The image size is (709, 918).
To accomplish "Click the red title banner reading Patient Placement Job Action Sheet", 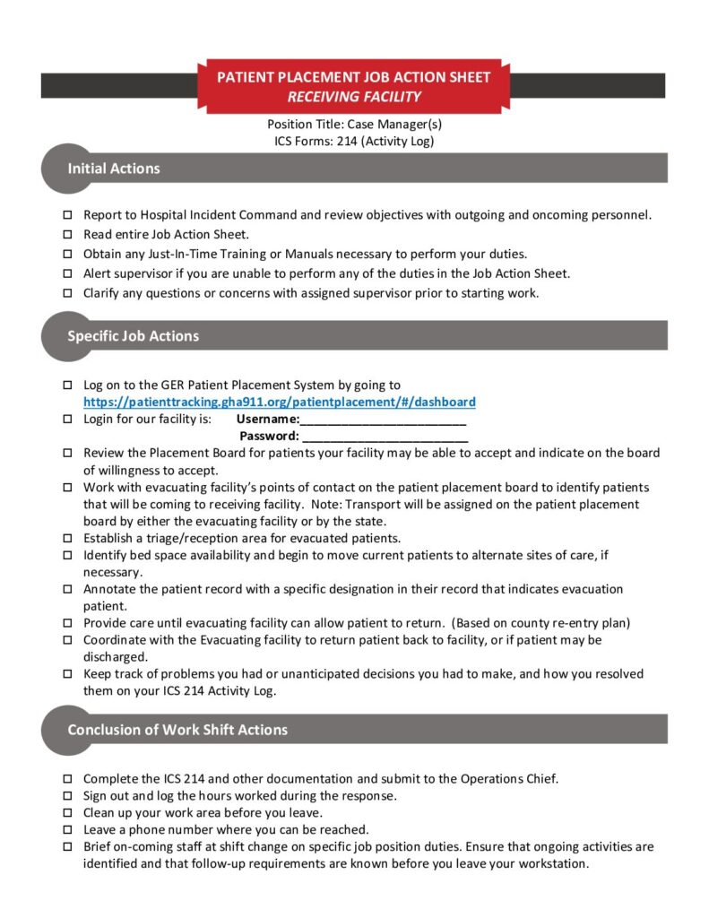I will pyautogui.click(x=354, y=86).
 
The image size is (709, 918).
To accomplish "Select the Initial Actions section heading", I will pyautogui.click(x=114, y=169).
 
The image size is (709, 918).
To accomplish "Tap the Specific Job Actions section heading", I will pyautogui.click(x=133, y=336).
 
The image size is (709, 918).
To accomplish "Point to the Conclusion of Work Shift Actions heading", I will pyautogui.click(x=177, y=730).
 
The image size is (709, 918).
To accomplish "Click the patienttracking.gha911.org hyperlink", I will pyautogui.click(x=280, y=403).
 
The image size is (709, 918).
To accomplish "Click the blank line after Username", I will pyautogui.click(x=383, y=420).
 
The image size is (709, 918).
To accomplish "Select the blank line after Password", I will pyautogui.click(x=385, y=437).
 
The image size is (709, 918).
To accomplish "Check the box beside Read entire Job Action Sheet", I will pyautogui.click(x=68, y=235).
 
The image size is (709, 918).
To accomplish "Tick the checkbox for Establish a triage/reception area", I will pyautogui.click(x=68, y=539).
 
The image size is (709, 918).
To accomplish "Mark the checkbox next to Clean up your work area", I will pyautogui.click(x=68, y=813).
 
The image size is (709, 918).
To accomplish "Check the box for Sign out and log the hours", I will pyautogui.click(x=68, y=796).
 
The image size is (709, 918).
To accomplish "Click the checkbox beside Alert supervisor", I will pyautogui.click(x=68, y=274).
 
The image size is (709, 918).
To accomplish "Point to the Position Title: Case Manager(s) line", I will pyautogui.click(x=354, y=125).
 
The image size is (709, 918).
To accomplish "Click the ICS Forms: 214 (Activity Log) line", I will pyautogui.click(x=354, y=141).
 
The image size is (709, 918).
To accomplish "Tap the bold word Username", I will pyautogui.click(x=267, y=419).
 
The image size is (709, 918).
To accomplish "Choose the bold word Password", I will pyautogui.click(x=269, y=436).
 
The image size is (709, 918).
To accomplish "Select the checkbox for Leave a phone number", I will pyautogui.click(x=68, y=830).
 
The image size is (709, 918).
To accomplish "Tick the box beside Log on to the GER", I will pyautogui.click(x=68, y=385).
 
